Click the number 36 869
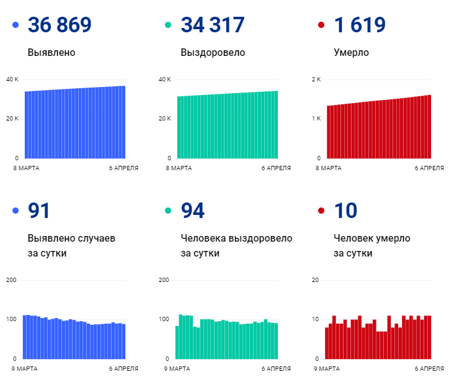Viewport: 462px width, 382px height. tap(60, 25)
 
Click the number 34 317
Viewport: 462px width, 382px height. tap(212, 25)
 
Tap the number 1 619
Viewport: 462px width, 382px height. tap(360, 25)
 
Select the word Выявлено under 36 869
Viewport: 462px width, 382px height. tap(51, 53)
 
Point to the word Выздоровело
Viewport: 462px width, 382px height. tap(213, 53)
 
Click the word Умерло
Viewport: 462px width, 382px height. tap(351, 53)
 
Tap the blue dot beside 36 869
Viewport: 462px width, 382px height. tap(16, 25)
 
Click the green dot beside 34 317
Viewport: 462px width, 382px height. tap(168, 25)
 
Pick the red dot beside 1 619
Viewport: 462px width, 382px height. tap(321, 25)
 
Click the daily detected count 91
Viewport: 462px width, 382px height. tap(39, 211)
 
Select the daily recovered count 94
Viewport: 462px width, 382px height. tap(192, 211)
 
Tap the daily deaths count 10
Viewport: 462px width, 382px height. tap(345, 211)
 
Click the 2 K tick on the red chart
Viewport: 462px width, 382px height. tap(316, 80)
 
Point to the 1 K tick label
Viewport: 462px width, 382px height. tap(316, 119)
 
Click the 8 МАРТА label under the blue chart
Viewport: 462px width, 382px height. tap(24, 168)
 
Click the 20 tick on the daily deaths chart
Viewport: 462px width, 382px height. tap(315, 281)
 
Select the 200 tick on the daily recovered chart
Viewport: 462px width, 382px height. tap(164, 281)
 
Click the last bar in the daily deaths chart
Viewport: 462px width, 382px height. tap(429, 337)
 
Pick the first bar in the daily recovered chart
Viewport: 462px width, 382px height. tap(177, 342)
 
